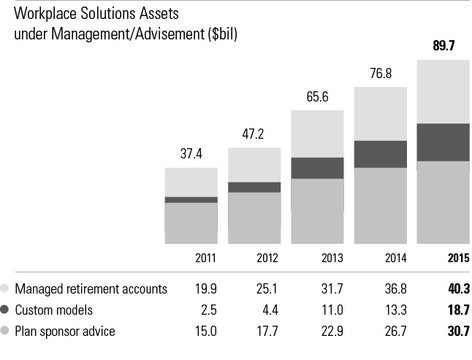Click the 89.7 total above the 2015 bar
coord(443,46)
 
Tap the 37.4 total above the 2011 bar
coord(191,154)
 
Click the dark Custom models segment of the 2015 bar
coord(443,142)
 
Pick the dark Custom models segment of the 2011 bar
coord(191,199)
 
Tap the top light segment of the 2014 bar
coord(380,114)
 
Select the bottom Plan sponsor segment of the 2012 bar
coord(254,218)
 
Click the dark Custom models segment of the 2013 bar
coord(317,168)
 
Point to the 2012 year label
coord(267,258)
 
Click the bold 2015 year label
coord(457,258)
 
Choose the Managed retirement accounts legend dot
coord(6,288)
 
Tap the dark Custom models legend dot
coord(6,310)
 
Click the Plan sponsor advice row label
coord(65,331)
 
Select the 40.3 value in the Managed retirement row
coord(457,288)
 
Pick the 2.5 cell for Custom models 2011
coord(208,310)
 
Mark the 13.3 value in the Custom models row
coord(395,310)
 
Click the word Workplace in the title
coord(46,14)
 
